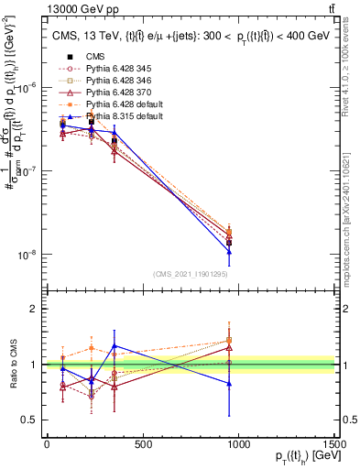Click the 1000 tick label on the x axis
(238, 445)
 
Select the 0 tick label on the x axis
(47, 445)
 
